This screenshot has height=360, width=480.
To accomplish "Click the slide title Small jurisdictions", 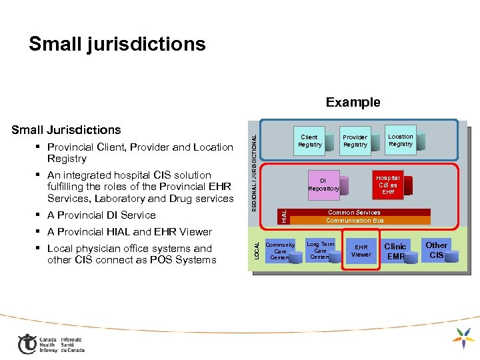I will pos(117,44).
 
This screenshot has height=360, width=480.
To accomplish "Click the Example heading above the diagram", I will pos(353,102).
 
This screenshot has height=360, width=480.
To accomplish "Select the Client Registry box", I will pos(309,141).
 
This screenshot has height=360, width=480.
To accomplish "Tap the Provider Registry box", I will pos(355,141).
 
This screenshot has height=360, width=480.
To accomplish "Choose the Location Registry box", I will pos(400,140).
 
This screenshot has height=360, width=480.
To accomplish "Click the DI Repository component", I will pos(323,185).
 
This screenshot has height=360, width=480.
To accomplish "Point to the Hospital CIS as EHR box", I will pos(388,185).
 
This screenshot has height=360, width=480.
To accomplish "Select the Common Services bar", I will pos(353,213).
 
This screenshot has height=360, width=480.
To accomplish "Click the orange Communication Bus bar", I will pos(355,221).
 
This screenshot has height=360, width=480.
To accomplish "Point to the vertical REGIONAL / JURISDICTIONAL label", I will pos(254,165).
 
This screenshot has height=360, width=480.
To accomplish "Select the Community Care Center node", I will pos(280,251).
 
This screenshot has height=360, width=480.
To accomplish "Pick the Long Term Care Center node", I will pos(321,251).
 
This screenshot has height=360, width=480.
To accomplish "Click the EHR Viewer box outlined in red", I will pos(361,251).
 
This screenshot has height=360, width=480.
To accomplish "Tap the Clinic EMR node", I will pos(395,251).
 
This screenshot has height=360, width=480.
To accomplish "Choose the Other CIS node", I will pos(437,250).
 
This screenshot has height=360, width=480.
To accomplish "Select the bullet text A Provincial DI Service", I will pos(101,215).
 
